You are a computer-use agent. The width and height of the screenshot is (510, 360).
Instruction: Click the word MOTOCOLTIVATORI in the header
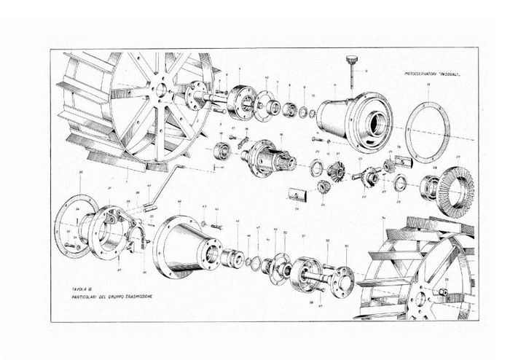[x=419, y=74]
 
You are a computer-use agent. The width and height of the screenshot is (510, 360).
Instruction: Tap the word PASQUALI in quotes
[x=452, y=74]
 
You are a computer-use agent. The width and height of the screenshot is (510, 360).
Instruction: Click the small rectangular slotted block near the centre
[x=295, y=195]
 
